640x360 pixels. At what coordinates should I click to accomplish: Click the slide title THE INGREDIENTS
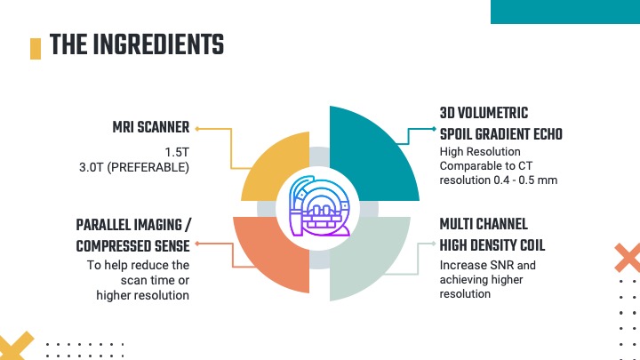tap(136, 44)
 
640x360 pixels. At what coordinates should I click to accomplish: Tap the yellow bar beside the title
tap(36, 47)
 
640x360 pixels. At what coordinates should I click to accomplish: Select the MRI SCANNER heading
tap(150, 128)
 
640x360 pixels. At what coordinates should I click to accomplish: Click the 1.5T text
tap(178, 151)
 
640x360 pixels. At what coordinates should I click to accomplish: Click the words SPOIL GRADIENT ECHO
tap(501, 135)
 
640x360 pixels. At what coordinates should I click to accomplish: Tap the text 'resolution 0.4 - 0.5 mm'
tap(497, 180)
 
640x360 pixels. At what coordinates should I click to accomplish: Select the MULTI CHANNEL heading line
tap(484, 224)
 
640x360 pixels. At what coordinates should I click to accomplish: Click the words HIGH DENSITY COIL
tap(492, 244)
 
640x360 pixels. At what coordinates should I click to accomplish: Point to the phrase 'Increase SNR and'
tap(488, 265)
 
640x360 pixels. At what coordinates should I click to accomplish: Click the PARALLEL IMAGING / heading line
tap(133, 225)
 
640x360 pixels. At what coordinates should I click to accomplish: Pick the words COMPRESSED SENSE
tap(133, 246)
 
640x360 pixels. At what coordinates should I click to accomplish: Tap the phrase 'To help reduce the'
tap(138, 265)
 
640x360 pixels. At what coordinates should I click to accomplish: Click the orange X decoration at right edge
tap(628, 257)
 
